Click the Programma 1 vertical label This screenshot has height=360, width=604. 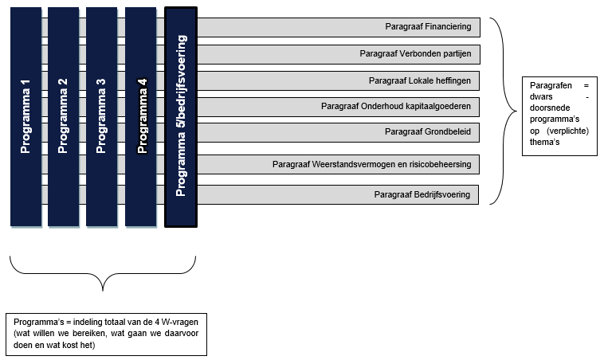[25, 116]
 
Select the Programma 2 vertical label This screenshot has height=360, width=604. [64, 116]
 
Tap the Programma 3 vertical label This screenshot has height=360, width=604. [101, 116]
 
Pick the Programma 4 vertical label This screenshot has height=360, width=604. [142, 116]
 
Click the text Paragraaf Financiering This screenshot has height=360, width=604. [427, 27]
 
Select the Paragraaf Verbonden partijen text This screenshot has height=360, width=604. [415, 54]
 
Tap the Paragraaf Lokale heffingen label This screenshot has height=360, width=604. [419, 80]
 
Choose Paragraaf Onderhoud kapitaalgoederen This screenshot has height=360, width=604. [395, 106]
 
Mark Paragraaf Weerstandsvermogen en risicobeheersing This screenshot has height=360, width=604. [371, 165]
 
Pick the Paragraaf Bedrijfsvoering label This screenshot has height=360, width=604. [422, 194]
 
